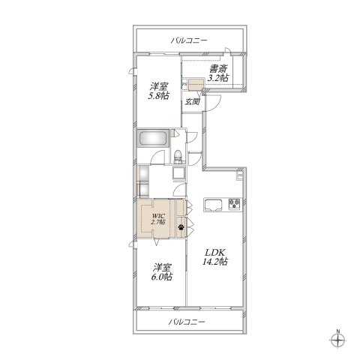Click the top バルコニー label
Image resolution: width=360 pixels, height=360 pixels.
[x=188, y=40]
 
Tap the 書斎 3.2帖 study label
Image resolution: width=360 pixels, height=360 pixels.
[x=218, y=72]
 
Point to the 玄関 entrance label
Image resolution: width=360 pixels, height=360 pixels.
[x=192, y=101]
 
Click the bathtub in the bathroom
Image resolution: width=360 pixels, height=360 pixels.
[x=154, y=139]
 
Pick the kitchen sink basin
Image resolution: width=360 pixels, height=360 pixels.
[x=212, y=203]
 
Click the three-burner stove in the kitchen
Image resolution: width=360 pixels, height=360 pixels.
[x=233, y=203]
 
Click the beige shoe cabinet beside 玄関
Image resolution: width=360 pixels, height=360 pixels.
[x=196, y=85]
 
